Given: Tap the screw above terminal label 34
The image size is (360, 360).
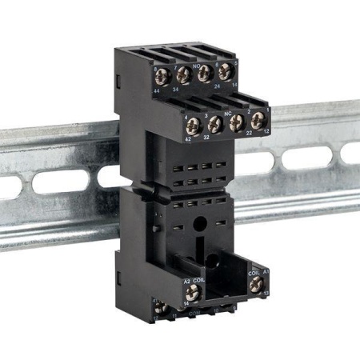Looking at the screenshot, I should (182, 74).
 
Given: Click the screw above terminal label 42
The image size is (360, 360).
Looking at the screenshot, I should (192, 125).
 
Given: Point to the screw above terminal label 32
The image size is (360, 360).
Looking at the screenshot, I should (214, 122).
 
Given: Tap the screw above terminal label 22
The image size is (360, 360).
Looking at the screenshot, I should (237, 121).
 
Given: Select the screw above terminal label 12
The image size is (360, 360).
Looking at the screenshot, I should (258, 119).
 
